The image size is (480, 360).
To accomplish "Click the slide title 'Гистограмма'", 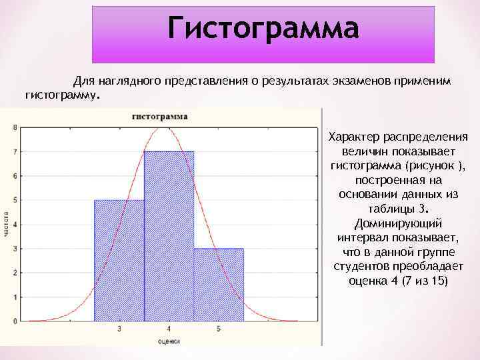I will (263, 29).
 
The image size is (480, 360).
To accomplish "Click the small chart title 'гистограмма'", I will (160, 116).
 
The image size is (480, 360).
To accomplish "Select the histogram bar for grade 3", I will (119, 260).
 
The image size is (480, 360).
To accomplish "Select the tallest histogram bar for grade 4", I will (169, 236).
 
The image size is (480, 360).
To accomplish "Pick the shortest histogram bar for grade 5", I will (219, 285).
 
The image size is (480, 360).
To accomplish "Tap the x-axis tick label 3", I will (119, 329).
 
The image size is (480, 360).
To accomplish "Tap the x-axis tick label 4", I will (169, 329).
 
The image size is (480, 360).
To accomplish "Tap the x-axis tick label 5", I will (219, 329).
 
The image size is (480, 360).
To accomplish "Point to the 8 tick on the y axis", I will (15, 127).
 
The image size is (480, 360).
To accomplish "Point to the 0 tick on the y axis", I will (15, 321).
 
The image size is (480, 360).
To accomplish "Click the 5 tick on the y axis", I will (15, 200).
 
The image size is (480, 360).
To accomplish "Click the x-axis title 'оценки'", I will (169, 341).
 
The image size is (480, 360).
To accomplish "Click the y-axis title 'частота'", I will (6, 224).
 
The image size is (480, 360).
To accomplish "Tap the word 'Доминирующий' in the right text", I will (397, 223).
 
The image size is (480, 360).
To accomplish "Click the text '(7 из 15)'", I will (424, 281).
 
